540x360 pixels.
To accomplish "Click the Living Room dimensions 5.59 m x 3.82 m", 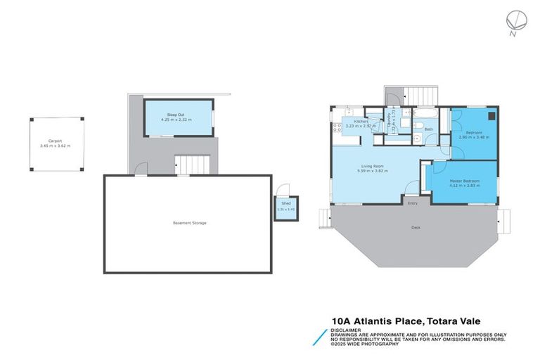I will click(x=373, y=171).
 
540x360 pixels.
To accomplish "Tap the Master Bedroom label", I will click(x=464, y=181).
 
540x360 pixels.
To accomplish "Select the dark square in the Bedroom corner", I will click(x=491, y=117).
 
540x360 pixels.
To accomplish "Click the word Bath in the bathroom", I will click(x=428, y=129).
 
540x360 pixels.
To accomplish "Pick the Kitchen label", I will click(x=361, y=122).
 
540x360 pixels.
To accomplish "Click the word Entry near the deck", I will click(x=413, y=203).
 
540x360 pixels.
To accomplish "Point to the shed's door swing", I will click(x=283, y=189).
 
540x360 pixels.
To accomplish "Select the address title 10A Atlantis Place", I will click(x=380, y=320).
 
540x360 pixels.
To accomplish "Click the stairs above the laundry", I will click(x=423, y=95).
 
